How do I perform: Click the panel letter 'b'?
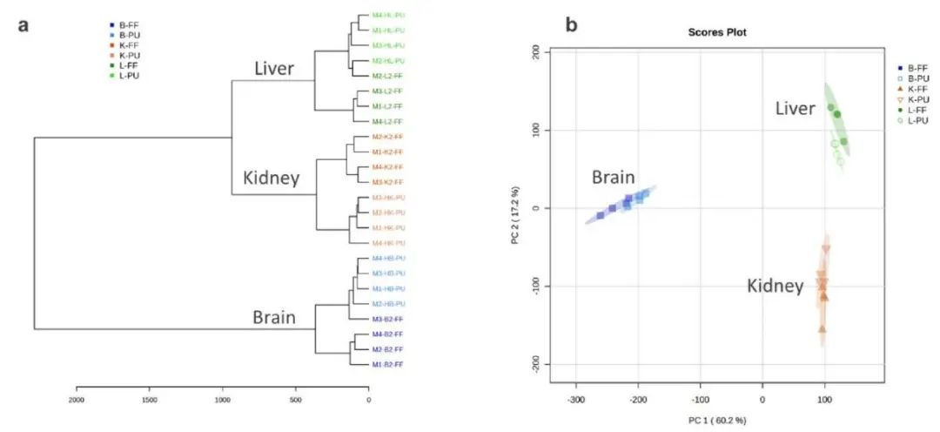[x=572, y=24]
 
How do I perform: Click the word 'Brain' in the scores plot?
[x=613, y=178]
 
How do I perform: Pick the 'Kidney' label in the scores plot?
[x=775, y=286]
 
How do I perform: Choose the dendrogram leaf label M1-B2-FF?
[x=387, y=364]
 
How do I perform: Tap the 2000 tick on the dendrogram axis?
[x=77, y=400]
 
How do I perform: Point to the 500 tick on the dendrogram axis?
[x=296, y=400]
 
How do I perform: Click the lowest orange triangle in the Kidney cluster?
[x=822, y=329]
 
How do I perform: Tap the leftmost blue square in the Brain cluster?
[x=601, y=214]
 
